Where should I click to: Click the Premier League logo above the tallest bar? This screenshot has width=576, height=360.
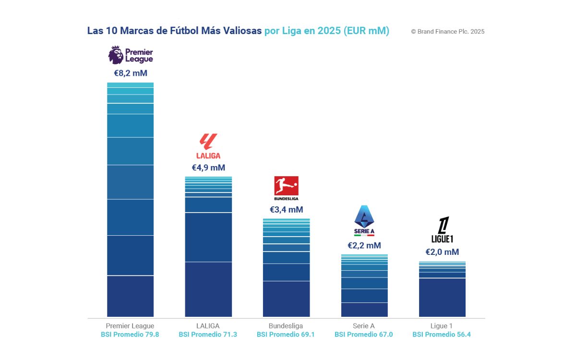130,55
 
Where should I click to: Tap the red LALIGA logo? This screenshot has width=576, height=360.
208,146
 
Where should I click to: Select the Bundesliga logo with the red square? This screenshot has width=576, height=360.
286,188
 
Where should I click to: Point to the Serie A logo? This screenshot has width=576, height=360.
364,220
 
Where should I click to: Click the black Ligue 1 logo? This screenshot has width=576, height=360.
442,230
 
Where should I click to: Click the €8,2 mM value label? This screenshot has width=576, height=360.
130,73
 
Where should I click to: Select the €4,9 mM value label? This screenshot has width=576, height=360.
208,168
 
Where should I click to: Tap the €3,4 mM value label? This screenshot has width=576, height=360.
286,210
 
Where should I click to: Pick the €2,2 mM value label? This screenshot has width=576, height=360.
364,246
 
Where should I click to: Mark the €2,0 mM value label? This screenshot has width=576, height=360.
442,252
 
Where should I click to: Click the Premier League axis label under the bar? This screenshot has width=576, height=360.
130,326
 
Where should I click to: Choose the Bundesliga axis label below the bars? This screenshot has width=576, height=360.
286,326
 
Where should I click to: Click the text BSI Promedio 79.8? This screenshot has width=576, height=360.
130,335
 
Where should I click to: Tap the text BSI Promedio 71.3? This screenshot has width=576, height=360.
208,335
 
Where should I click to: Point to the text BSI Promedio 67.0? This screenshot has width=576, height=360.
363,335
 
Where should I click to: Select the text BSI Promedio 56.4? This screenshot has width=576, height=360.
442,335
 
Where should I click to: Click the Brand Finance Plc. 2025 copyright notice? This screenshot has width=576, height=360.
447,32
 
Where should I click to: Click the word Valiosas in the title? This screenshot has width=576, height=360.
241,31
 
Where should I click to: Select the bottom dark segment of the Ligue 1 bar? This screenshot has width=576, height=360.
442,297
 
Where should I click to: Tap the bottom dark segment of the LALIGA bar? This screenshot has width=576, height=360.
208,289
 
